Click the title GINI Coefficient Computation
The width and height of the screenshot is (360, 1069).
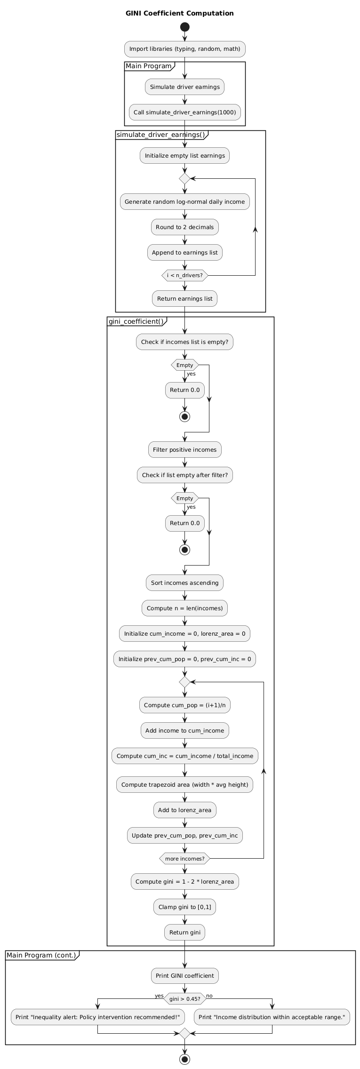point(180,13)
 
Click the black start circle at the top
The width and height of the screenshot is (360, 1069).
point(185,27)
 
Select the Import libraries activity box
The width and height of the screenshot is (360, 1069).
point(185,49)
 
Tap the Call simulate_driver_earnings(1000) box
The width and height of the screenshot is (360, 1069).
point(185,112)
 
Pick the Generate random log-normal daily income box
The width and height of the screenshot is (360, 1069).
point(185,202)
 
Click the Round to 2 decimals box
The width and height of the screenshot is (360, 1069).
point(185,227)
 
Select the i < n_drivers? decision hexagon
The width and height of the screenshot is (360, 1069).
point(185,275)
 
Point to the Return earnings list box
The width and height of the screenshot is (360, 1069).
point(185,299)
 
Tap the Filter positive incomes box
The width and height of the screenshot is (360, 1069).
point(185,450)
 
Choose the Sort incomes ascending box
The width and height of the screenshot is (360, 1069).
point(185,583)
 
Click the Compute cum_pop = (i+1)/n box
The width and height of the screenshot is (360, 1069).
point(185,705)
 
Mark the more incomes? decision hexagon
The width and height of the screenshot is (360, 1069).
point(185,859)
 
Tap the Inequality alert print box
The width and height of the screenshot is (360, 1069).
point(98,1017)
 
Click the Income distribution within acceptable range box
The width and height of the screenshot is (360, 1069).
point(272,1017)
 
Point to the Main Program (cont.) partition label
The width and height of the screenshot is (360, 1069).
point(41,955)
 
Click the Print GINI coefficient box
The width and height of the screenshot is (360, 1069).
point(185,976)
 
